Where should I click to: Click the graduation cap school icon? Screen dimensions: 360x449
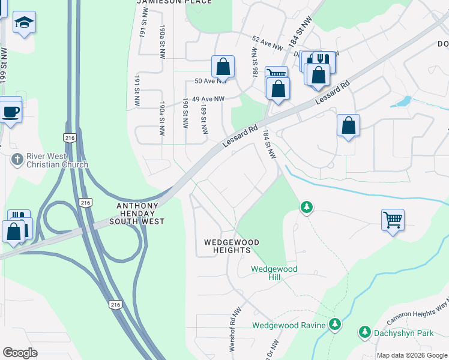(x=24, y=23)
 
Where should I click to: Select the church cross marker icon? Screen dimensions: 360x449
(x=17, y=160)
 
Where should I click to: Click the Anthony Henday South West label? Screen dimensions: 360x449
(x=137, y=214)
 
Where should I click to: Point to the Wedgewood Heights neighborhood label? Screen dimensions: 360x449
(x=232, y=246)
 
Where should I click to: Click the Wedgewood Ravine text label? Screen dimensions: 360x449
(x=289, y=326)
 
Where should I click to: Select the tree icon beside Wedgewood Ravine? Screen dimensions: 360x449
(x=335, y=325)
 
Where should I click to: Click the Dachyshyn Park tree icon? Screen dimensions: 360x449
(x=364, y=331)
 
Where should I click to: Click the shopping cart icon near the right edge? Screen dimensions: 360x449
(x=393, y=220)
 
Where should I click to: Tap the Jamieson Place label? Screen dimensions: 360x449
(x=174, y=2)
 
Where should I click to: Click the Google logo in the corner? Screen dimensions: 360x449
(x=20, y=353)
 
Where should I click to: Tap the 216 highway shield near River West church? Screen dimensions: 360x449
(x=71, y=137)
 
